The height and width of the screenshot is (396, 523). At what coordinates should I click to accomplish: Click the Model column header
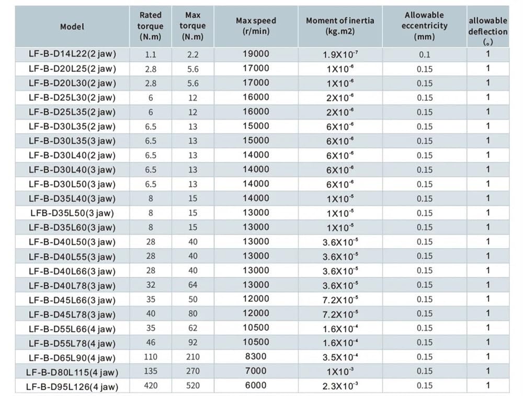pyautogui.click(x=72, y=27)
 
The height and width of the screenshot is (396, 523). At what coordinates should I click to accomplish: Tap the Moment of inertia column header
pyautogui.click(x=340, y=26)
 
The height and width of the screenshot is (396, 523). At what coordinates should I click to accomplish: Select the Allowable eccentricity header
pyautogui.click(x=424, y=26)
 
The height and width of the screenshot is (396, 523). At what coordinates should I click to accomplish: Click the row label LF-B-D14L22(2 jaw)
pyautogui.click(x=72, y=54)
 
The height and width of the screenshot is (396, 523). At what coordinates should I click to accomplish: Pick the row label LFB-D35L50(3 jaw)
pyautogui.click(x=72, y=213)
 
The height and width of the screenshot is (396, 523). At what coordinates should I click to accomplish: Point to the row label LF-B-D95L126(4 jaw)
pyautogui.click(x=72, y=387)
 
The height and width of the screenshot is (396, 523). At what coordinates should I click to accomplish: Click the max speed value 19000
pyautogui.click(x=256, y=54)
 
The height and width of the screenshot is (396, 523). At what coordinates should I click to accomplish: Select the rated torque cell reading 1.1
pyautogui.click(x=151, y=55)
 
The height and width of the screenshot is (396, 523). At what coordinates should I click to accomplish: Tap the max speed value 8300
pyautogui.click(x=256, y=356)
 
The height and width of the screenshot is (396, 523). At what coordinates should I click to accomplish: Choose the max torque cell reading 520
pyautogui.click(x=193, y=386)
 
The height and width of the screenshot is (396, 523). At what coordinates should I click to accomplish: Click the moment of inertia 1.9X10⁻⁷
pyautogui.click(x=340, y=54)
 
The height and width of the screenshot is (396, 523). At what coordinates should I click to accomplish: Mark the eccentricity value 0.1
pyautogui.click(x=425, y=55)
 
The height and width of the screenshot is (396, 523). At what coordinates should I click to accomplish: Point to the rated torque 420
pyautogui.click(x=151, y=386)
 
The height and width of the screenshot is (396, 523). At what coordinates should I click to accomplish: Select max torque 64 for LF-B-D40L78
pyautogui.click(x=193, y=285)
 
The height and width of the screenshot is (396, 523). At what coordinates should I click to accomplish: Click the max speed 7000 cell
pyautogui.click(x=256, y=371)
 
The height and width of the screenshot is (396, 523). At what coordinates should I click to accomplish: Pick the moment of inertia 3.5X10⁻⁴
pyautogui.click(x=340, y=357)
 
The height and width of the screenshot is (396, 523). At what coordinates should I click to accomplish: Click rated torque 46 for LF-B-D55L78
pyautogui.click(x=151, y=342)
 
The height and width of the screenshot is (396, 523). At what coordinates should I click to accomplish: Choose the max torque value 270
pyautogui.click(x=193, y=371)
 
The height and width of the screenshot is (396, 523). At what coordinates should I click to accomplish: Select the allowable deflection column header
pyautogui.click(x=487, y=31)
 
